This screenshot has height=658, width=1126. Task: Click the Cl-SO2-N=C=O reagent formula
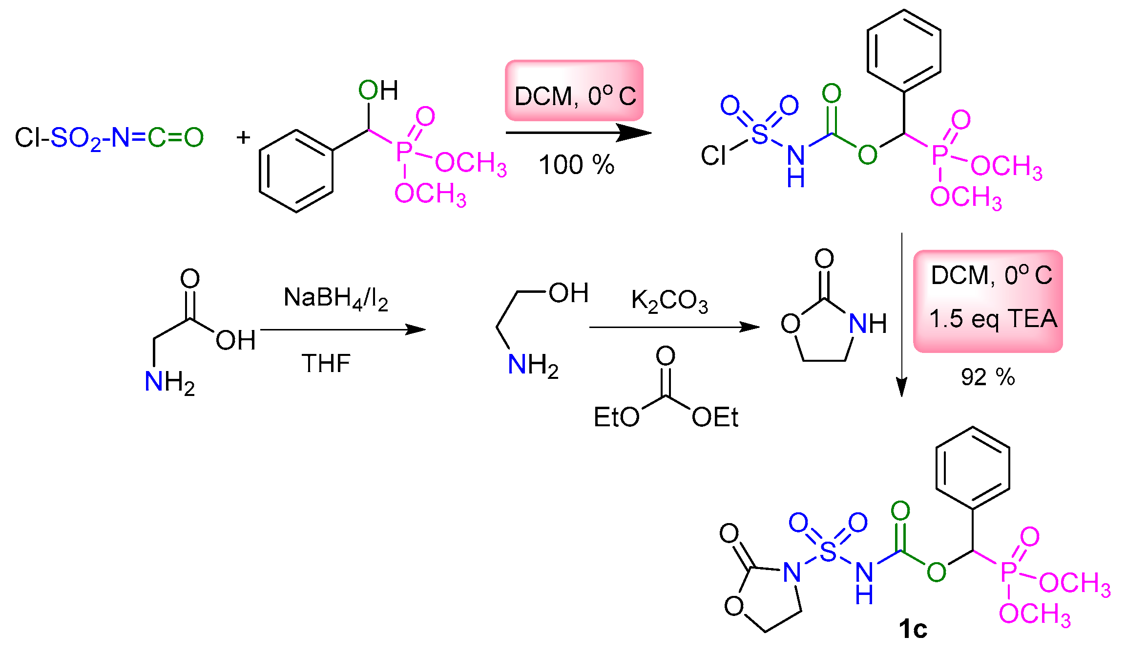pos(109,138)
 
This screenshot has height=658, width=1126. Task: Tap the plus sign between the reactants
pos(243,137)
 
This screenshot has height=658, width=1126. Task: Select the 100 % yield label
pos(576,165)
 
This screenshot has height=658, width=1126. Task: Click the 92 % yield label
pos(988,377)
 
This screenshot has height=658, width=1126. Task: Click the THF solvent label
pos(326,363)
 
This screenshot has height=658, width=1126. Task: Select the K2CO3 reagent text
pos(669,301)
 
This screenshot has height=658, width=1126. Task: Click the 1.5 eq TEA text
pos(993,319)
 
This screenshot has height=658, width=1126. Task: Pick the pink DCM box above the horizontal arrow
pos(574,91)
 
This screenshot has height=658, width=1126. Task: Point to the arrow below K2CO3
pos(674,327)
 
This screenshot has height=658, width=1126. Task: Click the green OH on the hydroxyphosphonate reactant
pos(378,90)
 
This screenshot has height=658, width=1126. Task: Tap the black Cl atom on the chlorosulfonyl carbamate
pos(713,155)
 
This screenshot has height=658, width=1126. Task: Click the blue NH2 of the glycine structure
pos(169,382)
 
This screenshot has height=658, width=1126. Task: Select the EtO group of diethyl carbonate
pos(616,417)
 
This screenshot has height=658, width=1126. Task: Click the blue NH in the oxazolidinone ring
pos(867,324)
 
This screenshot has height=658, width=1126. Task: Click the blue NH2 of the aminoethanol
pos(533,365)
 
